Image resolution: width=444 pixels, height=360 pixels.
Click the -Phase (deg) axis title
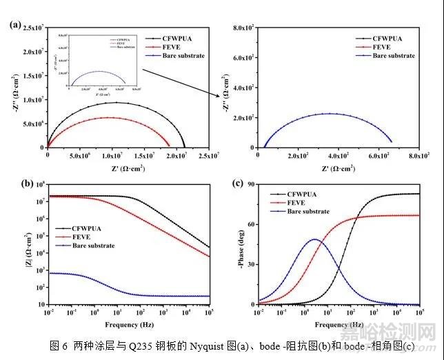(239, 244)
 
